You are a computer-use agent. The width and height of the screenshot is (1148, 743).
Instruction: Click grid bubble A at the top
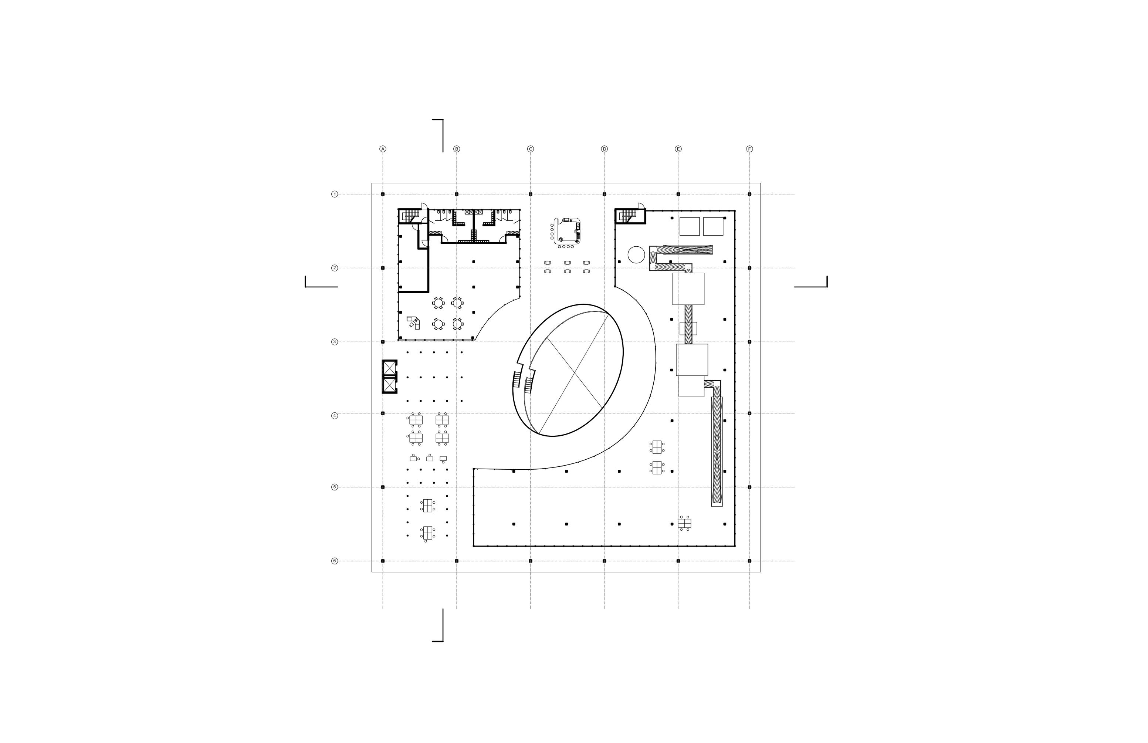click(383, 149)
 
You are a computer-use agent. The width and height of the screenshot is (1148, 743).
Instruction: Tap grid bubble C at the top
click(531, 149)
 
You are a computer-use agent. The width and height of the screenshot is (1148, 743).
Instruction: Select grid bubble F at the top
click(749, 149)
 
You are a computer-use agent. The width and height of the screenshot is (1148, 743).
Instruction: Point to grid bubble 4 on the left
click(335, 415)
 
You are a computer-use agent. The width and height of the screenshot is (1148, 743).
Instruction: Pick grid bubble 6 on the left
click(335, 561)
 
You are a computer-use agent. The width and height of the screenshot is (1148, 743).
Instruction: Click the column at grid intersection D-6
click(605, 561)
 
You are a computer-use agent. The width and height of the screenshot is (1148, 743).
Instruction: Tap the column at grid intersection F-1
click(749, 194)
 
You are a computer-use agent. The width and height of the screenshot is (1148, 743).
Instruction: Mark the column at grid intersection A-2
click(383, 268)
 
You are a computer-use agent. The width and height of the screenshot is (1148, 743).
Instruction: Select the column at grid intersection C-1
click(531, 194)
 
